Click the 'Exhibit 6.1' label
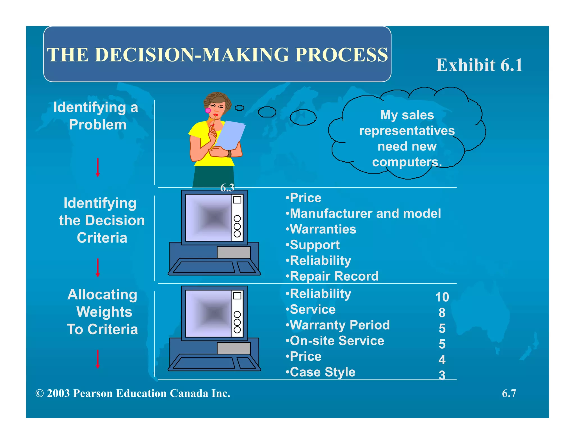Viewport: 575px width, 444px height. (479, 65)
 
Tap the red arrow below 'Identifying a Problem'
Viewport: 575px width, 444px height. (98, 168)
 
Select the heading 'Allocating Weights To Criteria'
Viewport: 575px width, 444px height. (103, 312)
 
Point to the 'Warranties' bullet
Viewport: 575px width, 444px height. (321, 229)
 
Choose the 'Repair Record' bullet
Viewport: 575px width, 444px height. (332, 276)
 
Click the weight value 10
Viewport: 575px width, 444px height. (442, 297)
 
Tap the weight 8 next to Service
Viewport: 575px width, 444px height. (442, 313)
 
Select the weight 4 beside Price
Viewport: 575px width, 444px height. (442, 360)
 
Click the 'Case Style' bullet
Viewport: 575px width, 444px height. (321, 372)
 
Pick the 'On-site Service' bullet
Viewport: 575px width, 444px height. (335, 341)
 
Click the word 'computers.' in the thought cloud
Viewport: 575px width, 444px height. (407, 162)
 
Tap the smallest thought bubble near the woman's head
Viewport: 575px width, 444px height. (239, 108)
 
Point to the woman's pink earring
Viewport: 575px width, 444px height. (208, 111)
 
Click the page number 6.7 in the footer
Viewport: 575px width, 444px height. (509, 393)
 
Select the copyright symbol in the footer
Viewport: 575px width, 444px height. (40, 393)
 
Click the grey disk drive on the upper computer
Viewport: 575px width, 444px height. (234, 252)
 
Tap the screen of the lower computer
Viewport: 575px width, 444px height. (209, 313)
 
